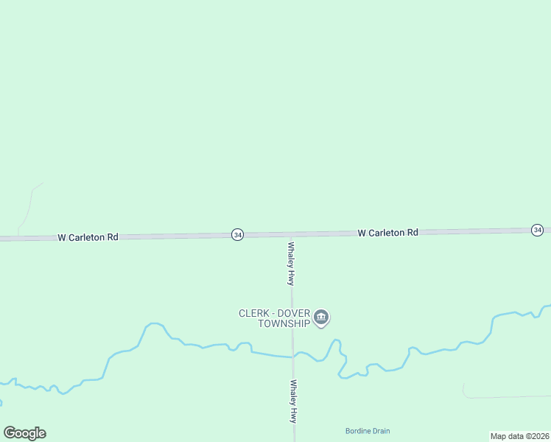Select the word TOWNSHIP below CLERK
click(x=284, y=323)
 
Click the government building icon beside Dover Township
click(x=321, y=318)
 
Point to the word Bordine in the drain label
click(x=358, y=431)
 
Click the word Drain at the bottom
click(x=382, y=431)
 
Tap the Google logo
click(x=24, y=433)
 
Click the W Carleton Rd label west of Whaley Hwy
click(x=88, y=237)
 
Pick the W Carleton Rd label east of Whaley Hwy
click(x=387, y=233)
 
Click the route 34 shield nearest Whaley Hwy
click(x=237, y=234)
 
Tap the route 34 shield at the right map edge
click(x=538, y=231)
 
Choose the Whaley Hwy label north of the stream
click(x=292, y=264)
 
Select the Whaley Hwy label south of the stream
click(x=293, y=401)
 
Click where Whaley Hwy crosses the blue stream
click(x=292, y=357)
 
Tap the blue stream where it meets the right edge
click(x=547, y=306)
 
